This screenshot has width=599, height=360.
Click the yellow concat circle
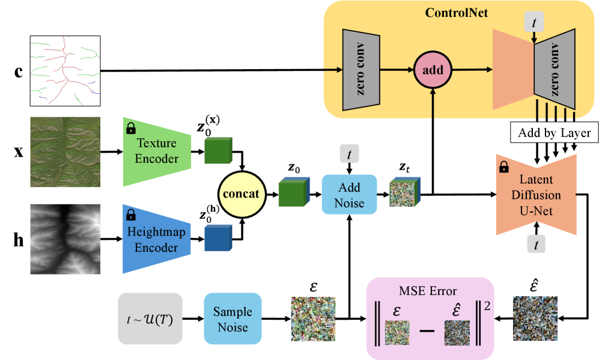(x=242, y=194)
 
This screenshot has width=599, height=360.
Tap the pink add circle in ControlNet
(x=433, y=70)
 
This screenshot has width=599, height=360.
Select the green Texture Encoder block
(x=157, y=151)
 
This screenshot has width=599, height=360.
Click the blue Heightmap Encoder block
(x=157, y=239)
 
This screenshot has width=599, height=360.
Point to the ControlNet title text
(x=456, y=13)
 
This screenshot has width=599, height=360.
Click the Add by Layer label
(x=555, y=133)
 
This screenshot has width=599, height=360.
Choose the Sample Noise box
(x=233, y=319)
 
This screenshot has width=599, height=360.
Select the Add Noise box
(x=349, y=195)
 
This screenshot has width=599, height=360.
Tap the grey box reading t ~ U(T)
(x=150, y=319)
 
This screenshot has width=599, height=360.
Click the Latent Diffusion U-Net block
(x=536, y=195)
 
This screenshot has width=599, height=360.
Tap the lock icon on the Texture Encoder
(x=130, y=128)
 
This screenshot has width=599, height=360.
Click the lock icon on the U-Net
(x=504, y=167)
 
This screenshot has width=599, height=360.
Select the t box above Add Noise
(x=349, y=154)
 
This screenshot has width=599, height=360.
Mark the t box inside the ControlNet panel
(x=534, y=22)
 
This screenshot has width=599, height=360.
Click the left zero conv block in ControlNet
(x=360, y=70)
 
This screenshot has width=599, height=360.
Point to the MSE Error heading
(x=427, y=291)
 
